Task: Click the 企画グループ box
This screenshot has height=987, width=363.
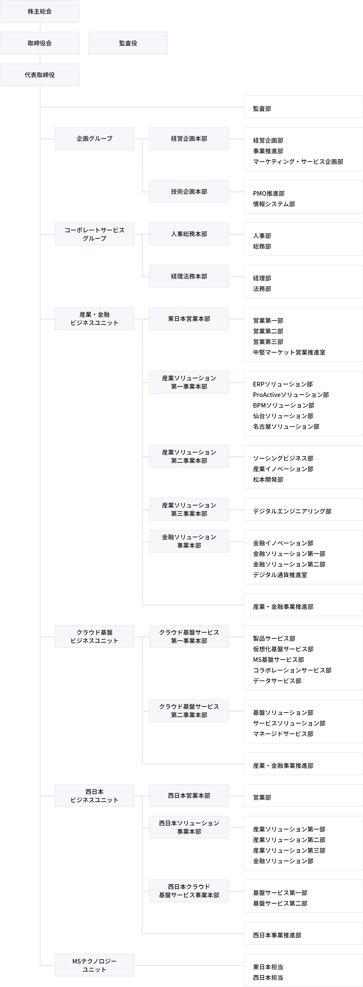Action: (x=94, y=138)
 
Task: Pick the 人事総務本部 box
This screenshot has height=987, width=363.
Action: (x=189, y=234)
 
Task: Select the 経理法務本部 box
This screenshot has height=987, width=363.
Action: (x=189, y=276)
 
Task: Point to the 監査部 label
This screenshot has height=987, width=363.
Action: (x=262, y=109)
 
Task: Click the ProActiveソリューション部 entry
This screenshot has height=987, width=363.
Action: (x=291, y=395)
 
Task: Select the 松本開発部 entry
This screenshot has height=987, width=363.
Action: (x=268, y=479)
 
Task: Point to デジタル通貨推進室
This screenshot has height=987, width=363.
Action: (x=280, y=575)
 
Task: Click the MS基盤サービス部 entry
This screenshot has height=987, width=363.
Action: (x=278, y=659)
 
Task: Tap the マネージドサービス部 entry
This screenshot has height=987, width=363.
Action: (x=283, y=734)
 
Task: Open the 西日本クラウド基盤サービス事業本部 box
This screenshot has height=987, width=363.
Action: (x=189, y=891)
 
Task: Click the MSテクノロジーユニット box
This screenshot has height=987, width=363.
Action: (x=94, y=965)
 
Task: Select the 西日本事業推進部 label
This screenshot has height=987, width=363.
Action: (x=277, y=935)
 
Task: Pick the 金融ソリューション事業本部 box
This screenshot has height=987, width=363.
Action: (x=189, y=541)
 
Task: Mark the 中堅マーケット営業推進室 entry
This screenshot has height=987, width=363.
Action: (x=289, y=352)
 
